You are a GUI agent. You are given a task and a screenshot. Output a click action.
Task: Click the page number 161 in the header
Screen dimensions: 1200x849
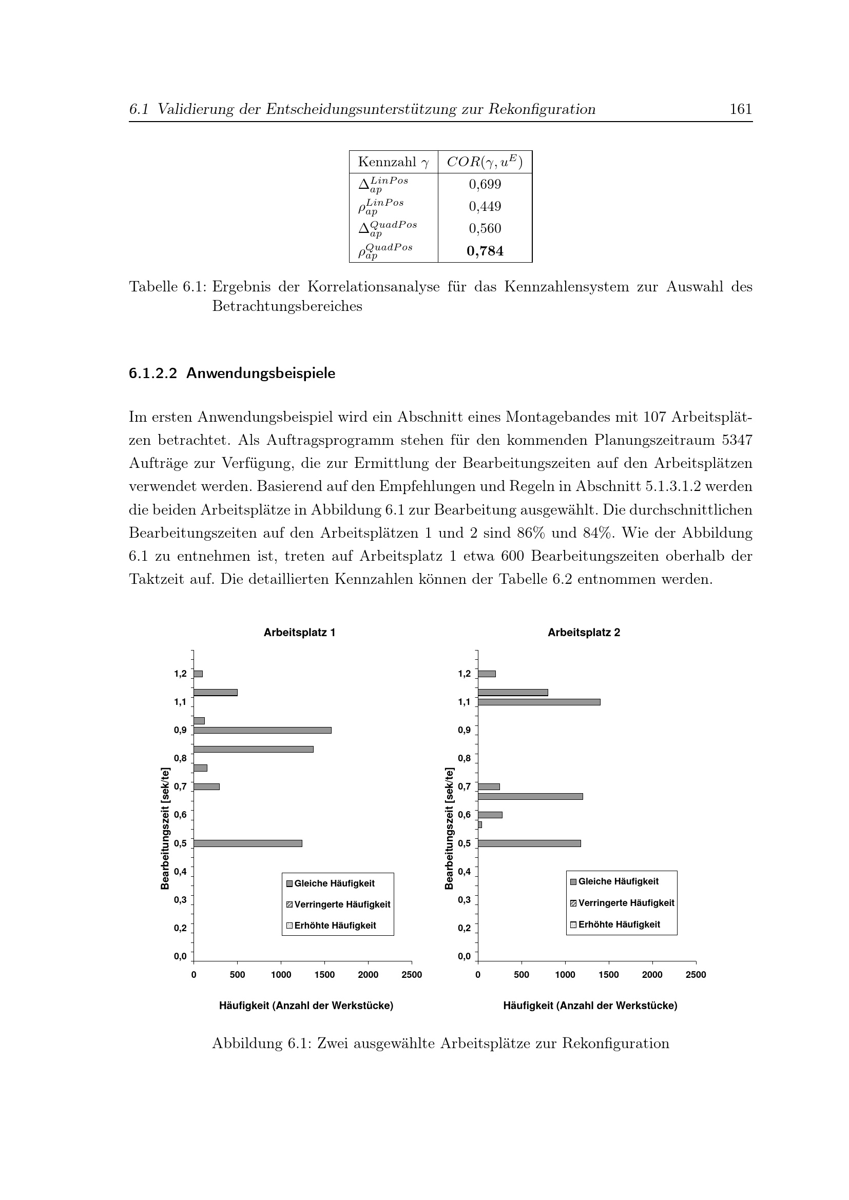point(740,109)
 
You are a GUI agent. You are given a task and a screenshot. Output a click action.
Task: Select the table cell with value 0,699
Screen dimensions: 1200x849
point(485,185)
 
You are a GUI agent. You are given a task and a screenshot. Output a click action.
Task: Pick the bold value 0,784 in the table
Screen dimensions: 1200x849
point(485,251)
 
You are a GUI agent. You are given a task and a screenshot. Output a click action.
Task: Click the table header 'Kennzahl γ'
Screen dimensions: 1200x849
point(393,162)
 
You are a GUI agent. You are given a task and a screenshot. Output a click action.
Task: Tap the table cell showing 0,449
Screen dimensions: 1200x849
point(485,207)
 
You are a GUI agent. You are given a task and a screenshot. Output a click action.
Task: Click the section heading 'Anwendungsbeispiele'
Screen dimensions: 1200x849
point(260,373)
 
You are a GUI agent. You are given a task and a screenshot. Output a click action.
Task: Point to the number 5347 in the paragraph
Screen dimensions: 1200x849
point(737,440)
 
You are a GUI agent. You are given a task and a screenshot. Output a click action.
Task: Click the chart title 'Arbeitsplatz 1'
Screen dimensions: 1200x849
point(299,633)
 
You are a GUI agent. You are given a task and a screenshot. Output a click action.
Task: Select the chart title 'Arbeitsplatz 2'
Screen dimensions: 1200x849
point(584,633)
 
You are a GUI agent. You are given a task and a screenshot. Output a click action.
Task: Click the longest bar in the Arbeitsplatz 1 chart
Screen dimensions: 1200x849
point(262,730)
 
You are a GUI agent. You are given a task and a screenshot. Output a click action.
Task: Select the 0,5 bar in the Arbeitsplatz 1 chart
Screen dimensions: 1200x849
point(248,843)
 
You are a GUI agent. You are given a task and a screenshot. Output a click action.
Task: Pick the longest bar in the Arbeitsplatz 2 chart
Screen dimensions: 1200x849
point(538,702)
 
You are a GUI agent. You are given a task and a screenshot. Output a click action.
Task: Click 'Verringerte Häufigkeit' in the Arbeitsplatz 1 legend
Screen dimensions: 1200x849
point(342,904)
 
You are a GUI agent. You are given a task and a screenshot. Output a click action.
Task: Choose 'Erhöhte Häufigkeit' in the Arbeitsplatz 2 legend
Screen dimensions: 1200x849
point(619,924)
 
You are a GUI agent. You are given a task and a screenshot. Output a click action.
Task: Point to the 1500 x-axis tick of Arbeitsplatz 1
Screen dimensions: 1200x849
point(324,974)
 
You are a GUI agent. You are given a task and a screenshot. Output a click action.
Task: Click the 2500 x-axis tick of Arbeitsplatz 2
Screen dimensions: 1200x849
point(696,974)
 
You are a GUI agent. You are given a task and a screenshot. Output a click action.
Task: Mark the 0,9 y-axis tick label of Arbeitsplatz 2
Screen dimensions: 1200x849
point(464,730)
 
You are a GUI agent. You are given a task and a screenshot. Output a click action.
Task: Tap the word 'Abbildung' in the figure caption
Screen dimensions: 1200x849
point(247,1043)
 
